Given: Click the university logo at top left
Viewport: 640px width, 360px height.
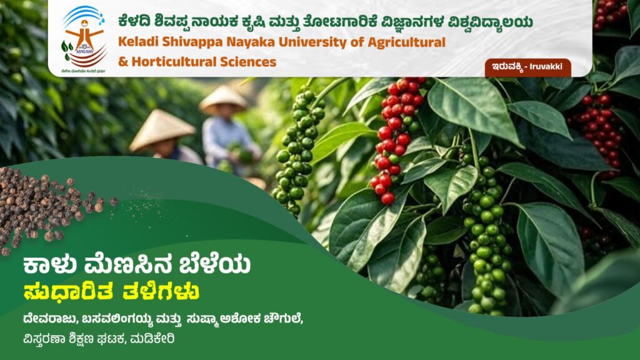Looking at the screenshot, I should click(x=84, y=37).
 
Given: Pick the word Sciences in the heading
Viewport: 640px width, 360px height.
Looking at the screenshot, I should click(x=246, y=62).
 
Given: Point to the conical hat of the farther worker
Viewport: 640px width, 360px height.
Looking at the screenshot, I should click(x=223, y=98).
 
